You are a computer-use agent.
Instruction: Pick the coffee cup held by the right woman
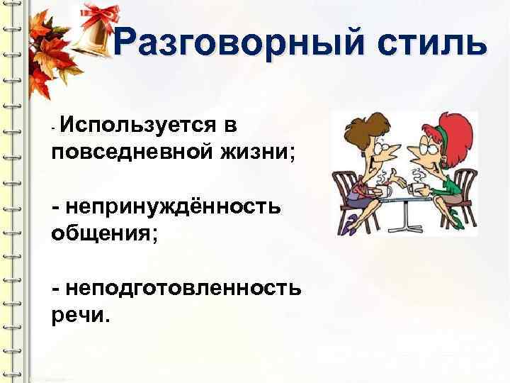pyautogui.click(x=418, y=186)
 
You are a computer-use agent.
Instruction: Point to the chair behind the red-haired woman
pyautogui.click(x=461, y=199)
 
